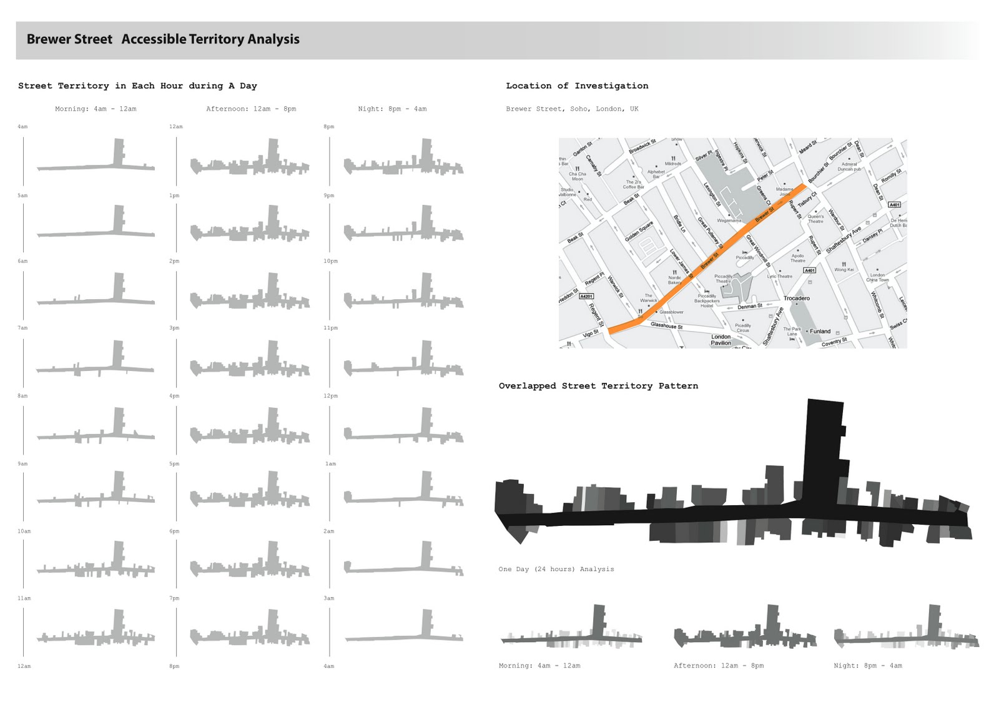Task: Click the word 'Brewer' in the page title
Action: pyautogui.click(x=48, y=39)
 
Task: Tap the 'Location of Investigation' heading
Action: pyautogui.click(x=577, y=86)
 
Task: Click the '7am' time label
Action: pyautogui.click(x=22, y=328)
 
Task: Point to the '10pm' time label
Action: pyautogui.click(x=330, y=261)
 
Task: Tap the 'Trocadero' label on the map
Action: pyautogui.click(x=796, y=298)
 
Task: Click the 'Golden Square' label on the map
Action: pyautogui.click(x=639, y=231)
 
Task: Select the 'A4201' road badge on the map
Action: pyautogui.click(x=586, y=296)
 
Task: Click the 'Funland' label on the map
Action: pyautogui.click(x=820, y=331)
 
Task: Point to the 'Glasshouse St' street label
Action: pyautogui.click(x=666, y=325)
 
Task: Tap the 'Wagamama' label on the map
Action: pyautogui.click(x=729, y=220)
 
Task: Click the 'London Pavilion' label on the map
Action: pyautogui.click(x=721, y=340)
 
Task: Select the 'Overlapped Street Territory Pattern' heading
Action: pyautogui.click(x=598, y=386)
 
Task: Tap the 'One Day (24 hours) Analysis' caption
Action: pyautogui.click(x=556, y=569)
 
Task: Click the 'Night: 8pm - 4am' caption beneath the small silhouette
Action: pyautogui.click(x=867, y=666)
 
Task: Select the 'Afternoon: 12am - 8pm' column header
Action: pyautogui.click(x=251, y=109)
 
